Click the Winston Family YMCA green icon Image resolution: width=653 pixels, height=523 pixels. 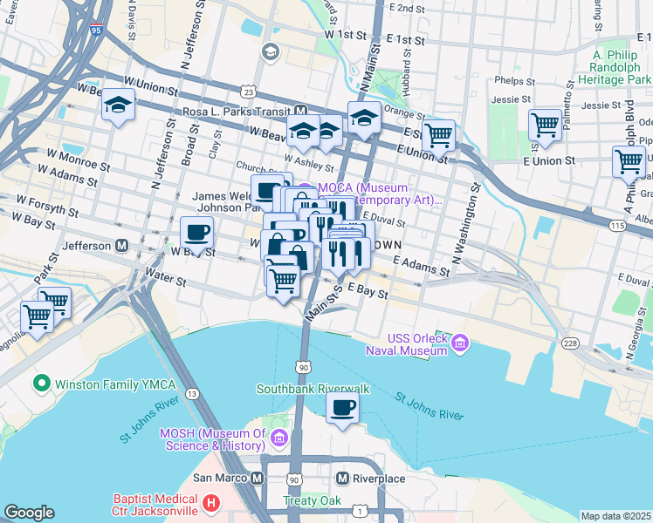click(40, 384)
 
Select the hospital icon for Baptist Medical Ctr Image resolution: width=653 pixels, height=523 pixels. click(210, 503)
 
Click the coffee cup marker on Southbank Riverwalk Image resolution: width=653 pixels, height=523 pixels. click(342, 408)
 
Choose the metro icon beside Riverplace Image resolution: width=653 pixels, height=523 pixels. click(342, 479)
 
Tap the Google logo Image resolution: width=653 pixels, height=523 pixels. click(29, 513)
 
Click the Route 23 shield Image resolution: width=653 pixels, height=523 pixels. click(249, 92)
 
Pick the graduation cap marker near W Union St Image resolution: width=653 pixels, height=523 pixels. click(118, 106)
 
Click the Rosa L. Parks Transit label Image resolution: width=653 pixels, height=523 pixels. click(237, 112)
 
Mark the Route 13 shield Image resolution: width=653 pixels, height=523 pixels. click(191, 395)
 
